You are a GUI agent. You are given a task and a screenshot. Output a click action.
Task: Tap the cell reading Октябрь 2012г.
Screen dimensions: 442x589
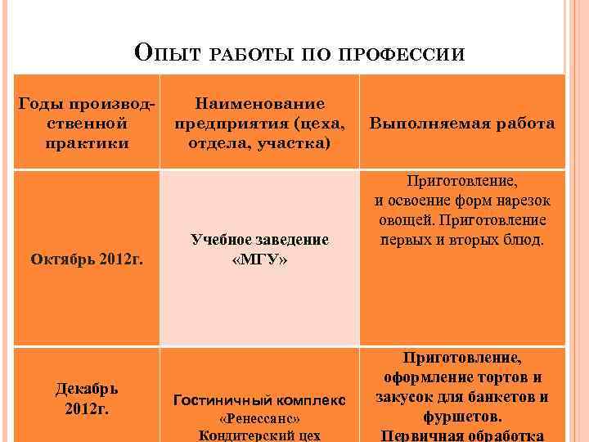point(87,259)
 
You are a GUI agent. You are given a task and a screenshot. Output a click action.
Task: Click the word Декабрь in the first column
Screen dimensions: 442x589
point(86,389)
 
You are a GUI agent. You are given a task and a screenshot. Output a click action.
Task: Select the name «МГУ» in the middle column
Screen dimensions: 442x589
point(259,259)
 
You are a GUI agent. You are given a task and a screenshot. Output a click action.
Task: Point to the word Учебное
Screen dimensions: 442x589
point(222,239)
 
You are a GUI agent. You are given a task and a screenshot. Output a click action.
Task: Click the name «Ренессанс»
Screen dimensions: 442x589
point(259,418)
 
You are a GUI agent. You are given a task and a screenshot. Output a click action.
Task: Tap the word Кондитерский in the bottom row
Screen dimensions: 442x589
point(241,435)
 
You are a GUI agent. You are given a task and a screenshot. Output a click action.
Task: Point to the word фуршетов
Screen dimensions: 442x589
point(462,417)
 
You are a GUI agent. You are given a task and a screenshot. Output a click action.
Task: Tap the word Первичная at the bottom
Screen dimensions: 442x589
point(420,435)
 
